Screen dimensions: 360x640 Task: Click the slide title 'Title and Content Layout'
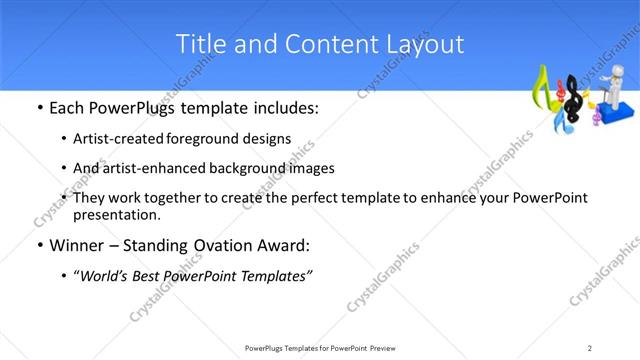pos(319,44)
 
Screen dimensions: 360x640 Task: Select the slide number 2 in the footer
pos(591,347)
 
